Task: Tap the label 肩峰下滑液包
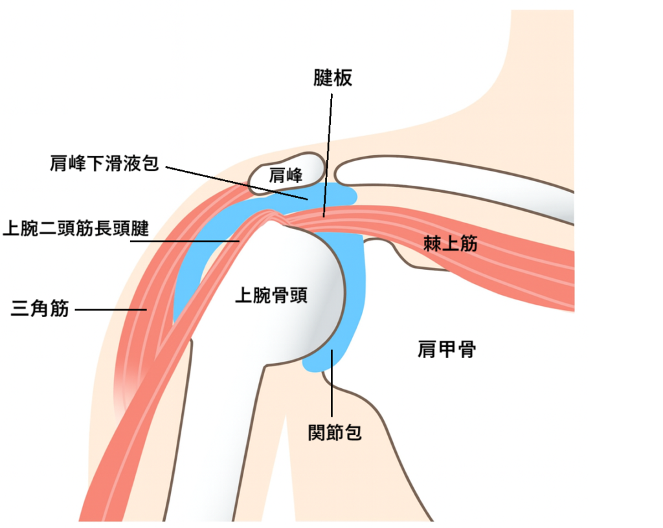[x=104, y=163]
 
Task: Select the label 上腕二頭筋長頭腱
[x=76, y=228]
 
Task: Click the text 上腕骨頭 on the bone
[x=270, y=296]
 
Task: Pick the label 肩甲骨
[x=447, y=350]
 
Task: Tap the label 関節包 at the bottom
[x=334, y=432]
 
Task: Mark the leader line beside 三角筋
[x=111, y=309]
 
